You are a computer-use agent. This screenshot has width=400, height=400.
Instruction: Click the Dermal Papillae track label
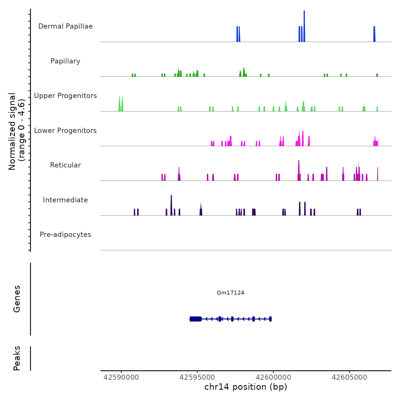(65, 26)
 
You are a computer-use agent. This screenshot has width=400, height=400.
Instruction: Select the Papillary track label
(65, 61)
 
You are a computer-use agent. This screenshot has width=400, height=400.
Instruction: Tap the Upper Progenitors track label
(65, 96)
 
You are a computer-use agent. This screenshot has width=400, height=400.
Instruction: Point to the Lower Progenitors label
(65, 131)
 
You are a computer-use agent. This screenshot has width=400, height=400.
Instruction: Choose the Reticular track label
(65, 165)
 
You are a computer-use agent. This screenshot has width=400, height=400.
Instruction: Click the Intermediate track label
(65, 200)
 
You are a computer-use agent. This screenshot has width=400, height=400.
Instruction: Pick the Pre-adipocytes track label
(65, 235)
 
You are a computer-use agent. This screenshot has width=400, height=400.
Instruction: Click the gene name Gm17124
(230, 293)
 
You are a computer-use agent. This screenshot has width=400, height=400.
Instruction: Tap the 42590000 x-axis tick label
(121, 377)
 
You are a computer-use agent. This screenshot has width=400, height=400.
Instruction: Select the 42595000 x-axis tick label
(197, 377)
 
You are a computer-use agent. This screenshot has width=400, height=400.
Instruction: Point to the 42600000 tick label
(273, 377)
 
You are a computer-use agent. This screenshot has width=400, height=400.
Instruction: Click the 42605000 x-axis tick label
(349, 377)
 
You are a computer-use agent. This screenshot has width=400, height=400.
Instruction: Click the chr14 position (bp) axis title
(246, 387)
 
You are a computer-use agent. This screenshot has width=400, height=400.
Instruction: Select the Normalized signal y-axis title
(17, 131)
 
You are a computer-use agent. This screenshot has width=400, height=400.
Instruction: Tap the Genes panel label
(17, 299)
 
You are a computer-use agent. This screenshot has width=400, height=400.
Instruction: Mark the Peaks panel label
(17, 358)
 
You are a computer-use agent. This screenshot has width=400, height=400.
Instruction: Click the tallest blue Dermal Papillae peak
(304, 26)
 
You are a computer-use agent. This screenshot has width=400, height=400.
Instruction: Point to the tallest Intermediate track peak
(171, 205)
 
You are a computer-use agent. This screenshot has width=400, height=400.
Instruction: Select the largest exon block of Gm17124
(195, 319)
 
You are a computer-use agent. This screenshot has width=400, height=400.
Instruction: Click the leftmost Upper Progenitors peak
(120, 104)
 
